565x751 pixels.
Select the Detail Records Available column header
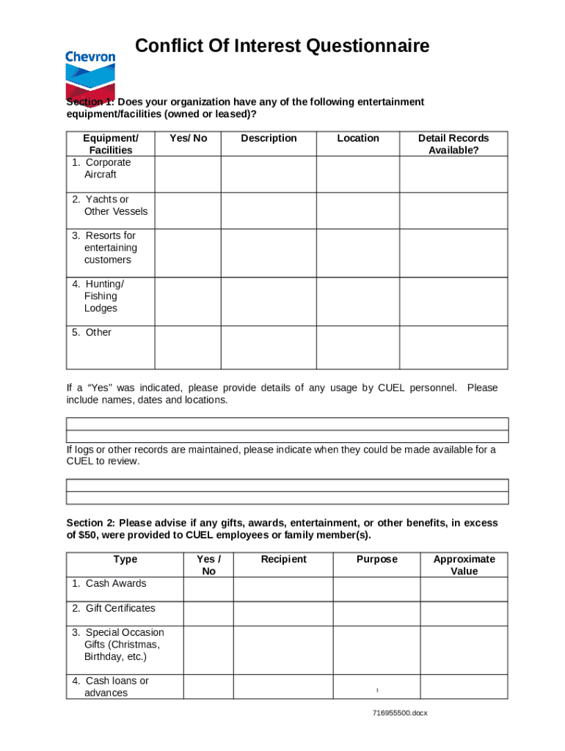pos(453,144)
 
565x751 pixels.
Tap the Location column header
pos(358,138)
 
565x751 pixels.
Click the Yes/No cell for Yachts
pos(188,210)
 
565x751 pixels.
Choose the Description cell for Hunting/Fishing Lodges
pos(268,301)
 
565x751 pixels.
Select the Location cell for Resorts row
pos(357,252)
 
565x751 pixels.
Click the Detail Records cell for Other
pos(453,346)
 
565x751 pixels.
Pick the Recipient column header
pos(283,560)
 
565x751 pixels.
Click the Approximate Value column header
pos(464,565)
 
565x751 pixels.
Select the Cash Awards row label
pos(109,584)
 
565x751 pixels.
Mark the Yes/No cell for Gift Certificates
pos(208,613)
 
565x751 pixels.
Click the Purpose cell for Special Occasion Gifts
pos(376,649)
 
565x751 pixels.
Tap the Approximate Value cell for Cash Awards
pos(464,589)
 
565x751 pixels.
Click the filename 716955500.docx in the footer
pos(399,713)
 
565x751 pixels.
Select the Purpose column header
pos(376,560)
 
